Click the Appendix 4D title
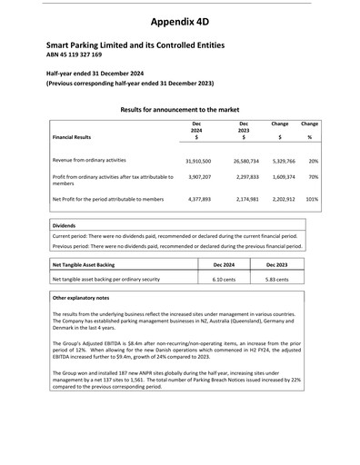pyautogui.click(x=179, y=20)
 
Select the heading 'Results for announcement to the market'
pyautogui.click(x=179, y=108)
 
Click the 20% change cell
pyautogui.click(x=313, y=160)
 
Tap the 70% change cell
pyautogui.click(x=313, y=178)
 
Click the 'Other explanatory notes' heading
pyautogui.click(x=81, y=298)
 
